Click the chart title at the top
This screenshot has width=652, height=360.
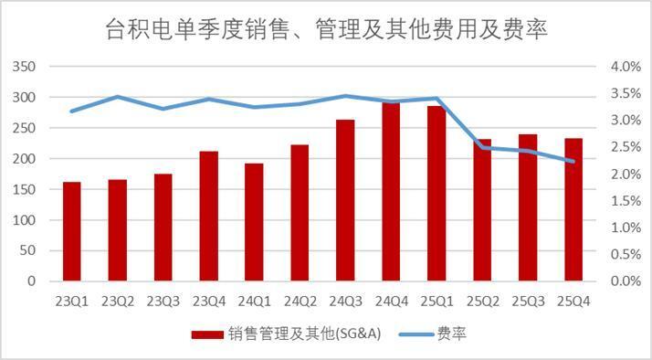point(327,29)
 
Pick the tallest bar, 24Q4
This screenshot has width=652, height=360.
point(391,192)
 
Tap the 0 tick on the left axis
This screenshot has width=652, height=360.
point(31,281)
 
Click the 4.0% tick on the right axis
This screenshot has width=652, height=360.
point(618,67)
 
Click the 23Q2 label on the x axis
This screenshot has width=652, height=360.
point(117,301)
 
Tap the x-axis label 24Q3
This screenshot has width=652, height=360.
point(345,301)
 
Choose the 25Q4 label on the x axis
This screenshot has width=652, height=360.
point(573,301)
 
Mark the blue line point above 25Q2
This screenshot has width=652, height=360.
point(482,146)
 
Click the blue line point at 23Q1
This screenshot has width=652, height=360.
point(71,111)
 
